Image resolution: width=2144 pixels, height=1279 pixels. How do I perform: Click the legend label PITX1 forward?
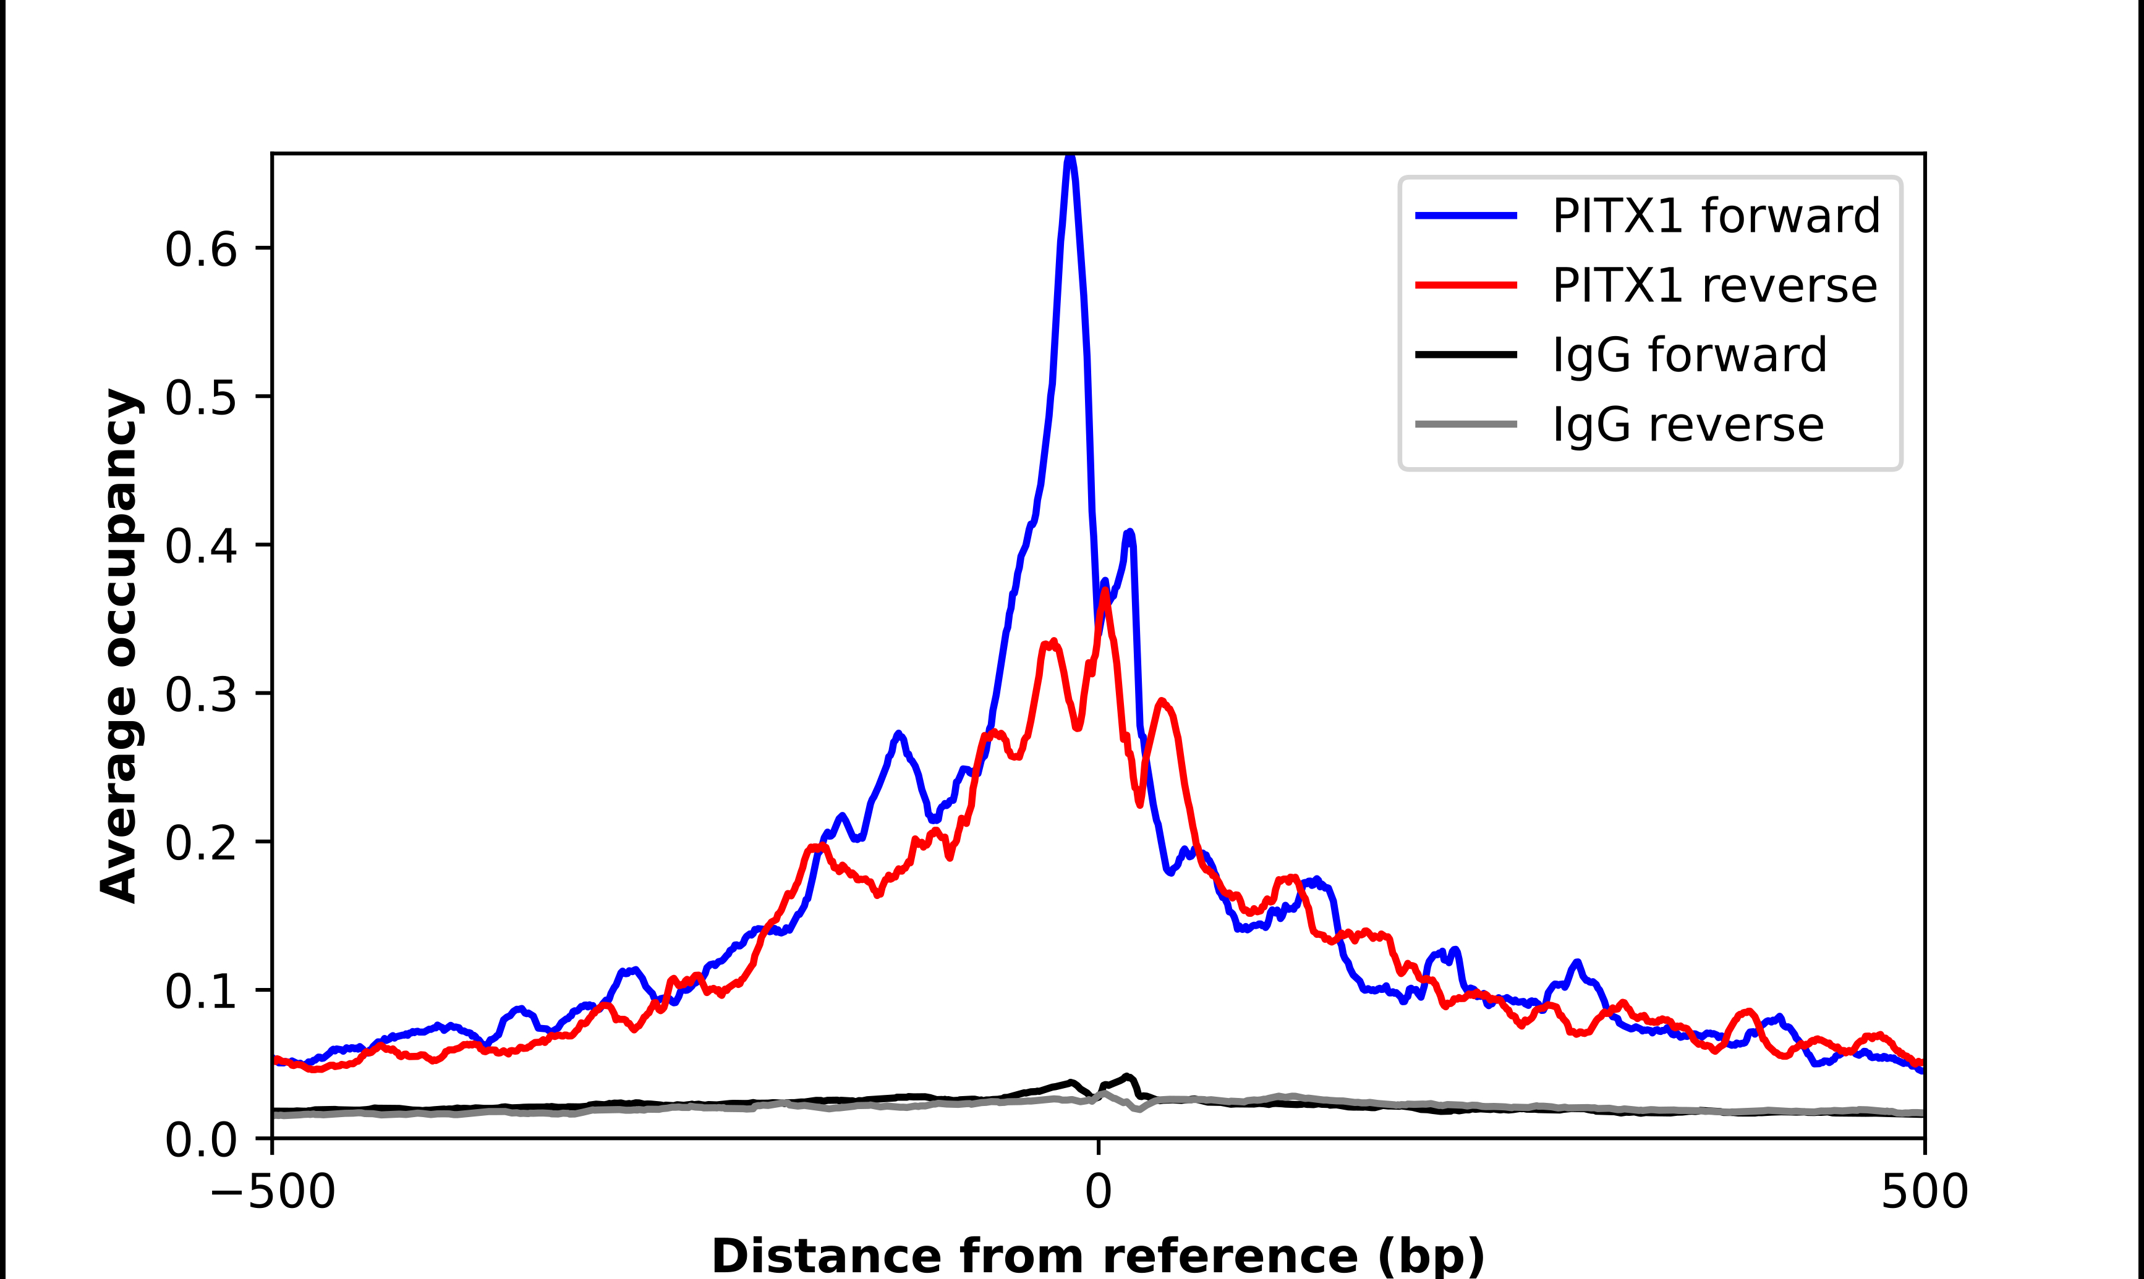coord(1716,216)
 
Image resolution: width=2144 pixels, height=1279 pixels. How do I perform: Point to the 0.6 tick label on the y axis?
coord(200,250)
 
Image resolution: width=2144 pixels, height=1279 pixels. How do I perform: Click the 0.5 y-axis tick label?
coord(200,398)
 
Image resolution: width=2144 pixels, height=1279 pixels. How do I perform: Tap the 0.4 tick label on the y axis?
coord(200,546)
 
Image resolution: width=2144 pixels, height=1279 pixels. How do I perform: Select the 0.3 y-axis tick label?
coord(200,694)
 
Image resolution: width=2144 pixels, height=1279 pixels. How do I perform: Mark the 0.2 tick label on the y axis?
coord(200,843)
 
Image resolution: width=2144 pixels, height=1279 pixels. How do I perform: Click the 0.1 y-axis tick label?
coord(200,991)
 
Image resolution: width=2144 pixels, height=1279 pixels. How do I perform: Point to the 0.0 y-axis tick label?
coord(200,1139)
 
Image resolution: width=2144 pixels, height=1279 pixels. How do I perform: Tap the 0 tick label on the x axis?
coord(1099,1192)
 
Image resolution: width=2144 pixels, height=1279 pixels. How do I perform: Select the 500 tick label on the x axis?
coord(1924,1192)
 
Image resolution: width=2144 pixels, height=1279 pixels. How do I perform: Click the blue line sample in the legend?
coord(1466,216)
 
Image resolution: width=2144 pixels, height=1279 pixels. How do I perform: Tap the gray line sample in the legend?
coord(1466,424)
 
